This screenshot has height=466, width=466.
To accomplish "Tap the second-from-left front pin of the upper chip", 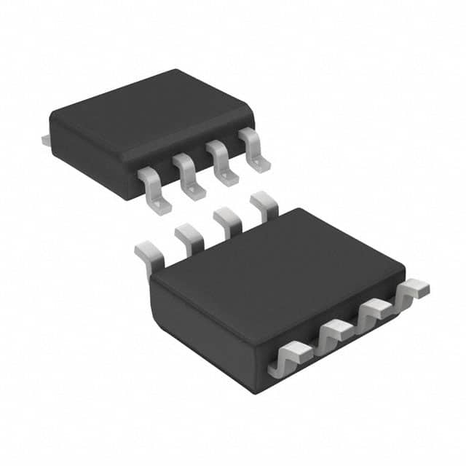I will [x=187, y=175].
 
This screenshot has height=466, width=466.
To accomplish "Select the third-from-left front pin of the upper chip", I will [x=221, y=161].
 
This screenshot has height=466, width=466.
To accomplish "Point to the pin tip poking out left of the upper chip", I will [x=45, y=136].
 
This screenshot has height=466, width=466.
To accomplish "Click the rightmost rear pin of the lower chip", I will [x=264, y=204].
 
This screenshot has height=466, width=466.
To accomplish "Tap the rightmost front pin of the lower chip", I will [x=412, y=290].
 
